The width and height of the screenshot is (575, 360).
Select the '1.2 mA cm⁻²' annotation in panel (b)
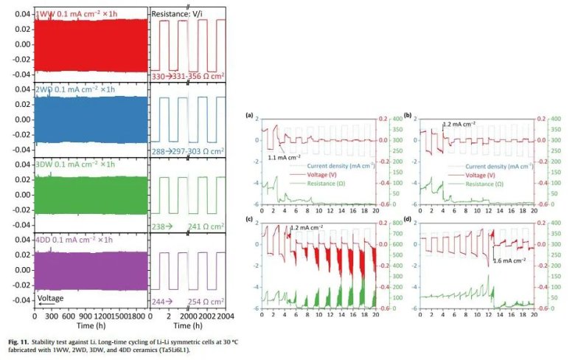click(460, 125)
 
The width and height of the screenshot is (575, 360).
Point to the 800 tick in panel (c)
click(393, 223)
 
